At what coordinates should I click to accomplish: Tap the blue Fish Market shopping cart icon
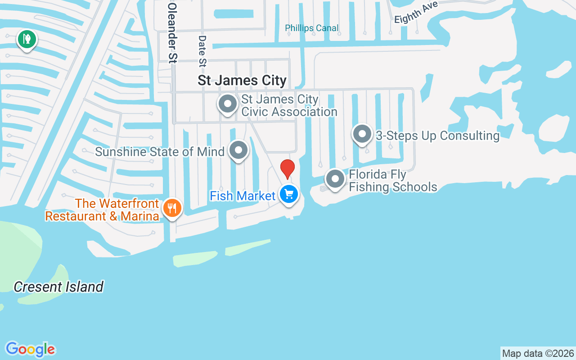288,194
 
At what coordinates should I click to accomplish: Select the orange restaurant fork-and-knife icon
172,208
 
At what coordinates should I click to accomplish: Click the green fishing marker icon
27,39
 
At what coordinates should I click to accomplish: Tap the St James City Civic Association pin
228,104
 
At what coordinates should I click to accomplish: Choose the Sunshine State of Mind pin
238,151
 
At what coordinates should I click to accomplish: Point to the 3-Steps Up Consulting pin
362,134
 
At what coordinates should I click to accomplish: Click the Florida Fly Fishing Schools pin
335,179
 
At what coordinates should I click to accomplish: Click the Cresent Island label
58,287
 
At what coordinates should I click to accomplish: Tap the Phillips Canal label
312,28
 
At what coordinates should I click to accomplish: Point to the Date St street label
202,51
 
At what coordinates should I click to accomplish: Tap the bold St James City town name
242,81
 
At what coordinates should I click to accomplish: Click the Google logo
31,349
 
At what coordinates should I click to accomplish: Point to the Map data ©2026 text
538,353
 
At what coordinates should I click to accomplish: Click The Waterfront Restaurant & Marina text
102,210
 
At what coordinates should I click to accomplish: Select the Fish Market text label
243,196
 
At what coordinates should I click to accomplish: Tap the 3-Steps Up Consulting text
437,135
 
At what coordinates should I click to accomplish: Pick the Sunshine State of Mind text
160,152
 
